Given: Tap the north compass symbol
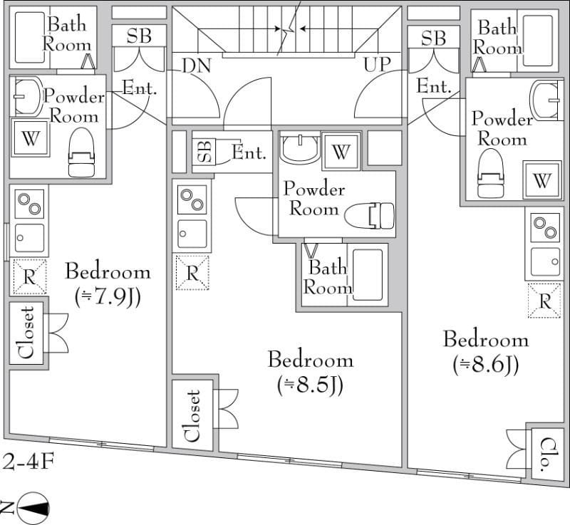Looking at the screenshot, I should [x=31, y=507].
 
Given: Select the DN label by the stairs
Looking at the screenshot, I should [x=196, y=65].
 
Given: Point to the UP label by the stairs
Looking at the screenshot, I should [x=377, y=64].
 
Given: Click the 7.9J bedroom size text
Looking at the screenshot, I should [x=108, y=296].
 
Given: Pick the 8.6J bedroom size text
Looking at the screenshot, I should [x=485, y=364].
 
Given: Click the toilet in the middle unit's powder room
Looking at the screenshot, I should [x=369, y=215].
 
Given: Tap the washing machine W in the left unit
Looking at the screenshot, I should [x=30, y=137].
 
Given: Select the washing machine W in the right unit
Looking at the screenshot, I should [x=542, y=180].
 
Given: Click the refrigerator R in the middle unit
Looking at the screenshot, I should [x=192, y=273].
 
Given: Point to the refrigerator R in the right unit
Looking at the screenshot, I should [x=545, y=301].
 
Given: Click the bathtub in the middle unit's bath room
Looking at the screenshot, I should [x=368, y=274].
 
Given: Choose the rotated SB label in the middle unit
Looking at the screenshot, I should [x=204, y=151].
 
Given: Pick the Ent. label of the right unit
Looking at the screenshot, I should [x=433, y=86].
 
